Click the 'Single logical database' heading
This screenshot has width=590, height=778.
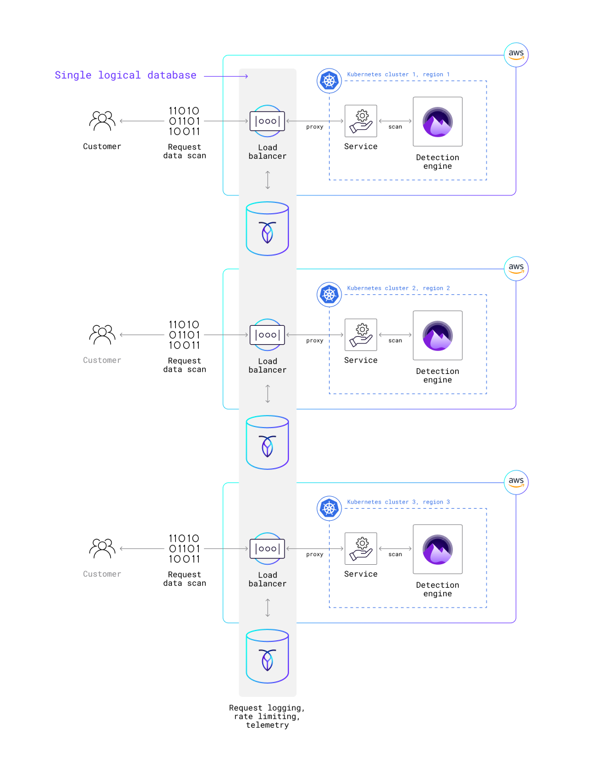125,75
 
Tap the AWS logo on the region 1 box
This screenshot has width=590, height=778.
516,54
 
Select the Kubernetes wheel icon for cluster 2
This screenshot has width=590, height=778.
329,295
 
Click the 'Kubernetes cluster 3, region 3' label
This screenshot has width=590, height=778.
398,502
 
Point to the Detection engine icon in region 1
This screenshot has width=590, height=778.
438,122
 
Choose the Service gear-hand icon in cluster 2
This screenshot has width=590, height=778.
361,334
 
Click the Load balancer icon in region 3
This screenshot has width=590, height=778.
267,549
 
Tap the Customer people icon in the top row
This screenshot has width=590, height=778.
102,121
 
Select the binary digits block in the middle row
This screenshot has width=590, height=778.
184,335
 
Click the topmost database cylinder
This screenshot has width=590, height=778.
267,229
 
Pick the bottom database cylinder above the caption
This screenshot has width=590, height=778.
267,656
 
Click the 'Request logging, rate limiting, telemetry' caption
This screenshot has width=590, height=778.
267,716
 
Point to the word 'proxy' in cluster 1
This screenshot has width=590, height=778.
315,127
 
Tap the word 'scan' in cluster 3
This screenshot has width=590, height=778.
395,554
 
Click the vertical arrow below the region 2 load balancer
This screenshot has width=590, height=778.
267,394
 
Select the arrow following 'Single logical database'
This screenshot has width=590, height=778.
226,76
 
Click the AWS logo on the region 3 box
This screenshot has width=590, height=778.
516,482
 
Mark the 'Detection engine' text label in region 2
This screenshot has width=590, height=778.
438,376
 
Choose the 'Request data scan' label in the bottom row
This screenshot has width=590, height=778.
184,579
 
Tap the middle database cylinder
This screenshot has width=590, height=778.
267,442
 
